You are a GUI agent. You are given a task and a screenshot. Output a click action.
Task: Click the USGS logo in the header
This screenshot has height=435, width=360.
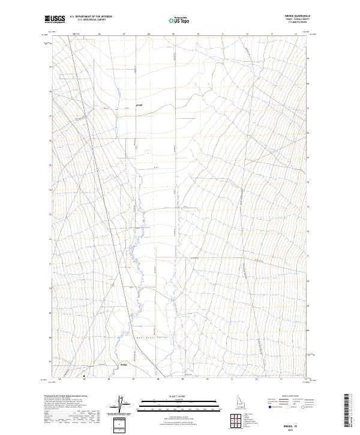pos(55,19)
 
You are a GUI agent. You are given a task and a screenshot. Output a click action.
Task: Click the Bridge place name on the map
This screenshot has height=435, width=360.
pos(124,364)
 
